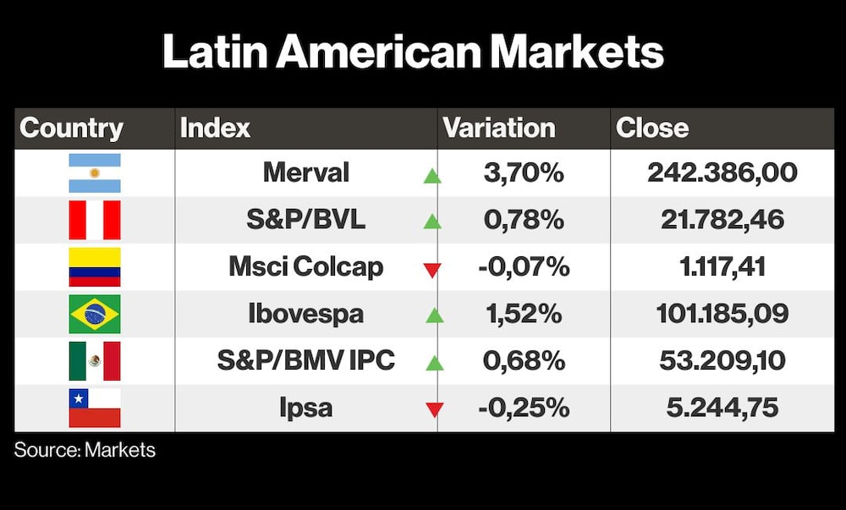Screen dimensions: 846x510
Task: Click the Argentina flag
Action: tap(95, 173)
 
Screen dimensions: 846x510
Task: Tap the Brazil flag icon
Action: tap(95, 314)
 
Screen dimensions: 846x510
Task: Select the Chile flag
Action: tap(95, 408)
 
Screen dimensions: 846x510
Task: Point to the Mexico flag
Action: tap(95, 360)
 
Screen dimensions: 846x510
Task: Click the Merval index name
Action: tap(306, 173)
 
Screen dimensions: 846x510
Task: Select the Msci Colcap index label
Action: tap(306, 267)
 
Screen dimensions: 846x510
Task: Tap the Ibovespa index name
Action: tap(306, 314)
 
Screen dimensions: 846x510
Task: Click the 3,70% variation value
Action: tap(524, 173)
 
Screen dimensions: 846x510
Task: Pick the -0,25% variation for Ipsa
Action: tap(524, 408)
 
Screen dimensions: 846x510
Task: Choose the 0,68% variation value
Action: tap(524, 360)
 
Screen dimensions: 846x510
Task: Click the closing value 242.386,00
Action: tap(722, 173)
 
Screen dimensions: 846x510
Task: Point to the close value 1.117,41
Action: tap(722, 267)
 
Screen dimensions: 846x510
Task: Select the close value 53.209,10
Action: tap(722, 360)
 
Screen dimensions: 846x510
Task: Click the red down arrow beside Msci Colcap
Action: tap(432, 270)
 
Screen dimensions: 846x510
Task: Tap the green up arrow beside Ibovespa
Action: tap(434, 315)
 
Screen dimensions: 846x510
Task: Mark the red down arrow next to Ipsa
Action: tap(434, 409)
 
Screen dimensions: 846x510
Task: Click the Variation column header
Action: tap(499, 129)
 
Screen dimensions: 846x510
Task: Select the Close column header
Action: tap(652, 129)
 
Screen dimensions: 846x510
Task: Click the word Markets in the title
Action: tap(577, 52)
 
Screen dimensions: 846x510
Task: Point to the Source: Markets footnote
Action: tap(85, 450)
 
